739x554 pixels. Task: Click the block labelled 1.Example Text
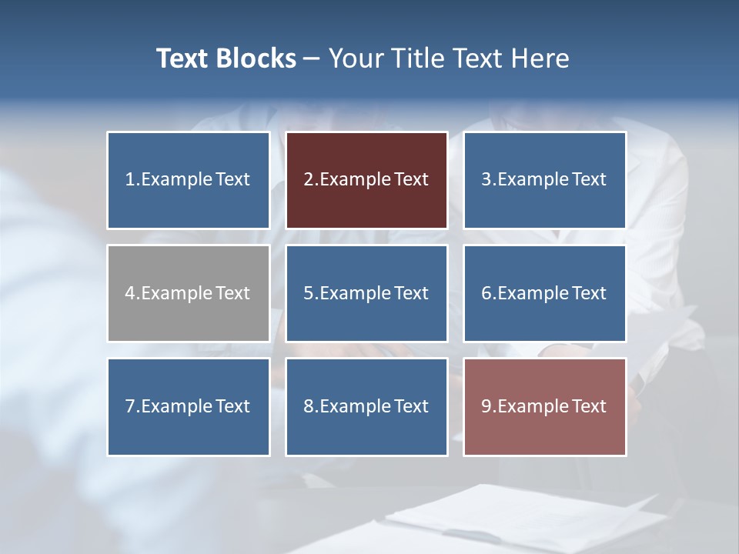coord(189,180)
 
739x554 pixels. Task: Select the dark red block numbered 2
coord(366,180)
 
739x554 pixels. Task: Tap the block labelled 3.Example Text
coord(544,180)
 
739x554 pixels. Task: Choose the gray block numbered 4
coord(189,293)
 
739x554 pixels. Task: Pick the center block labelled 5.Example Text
coord(366,293)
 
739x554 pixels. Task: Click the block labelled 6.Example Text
coord(544,293)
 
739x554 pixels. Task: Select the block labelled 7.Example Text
coord(189,406)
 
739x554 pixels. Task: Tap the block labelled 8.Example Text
coord(366,406)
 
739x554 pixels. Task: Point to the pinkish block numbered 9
coord(544,406)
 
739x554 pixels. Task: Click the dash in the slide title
coord(312,58)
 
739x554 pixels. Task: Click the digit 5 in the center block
coord(308,293)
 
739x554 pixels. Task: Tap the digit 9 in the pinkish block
coord(487,406)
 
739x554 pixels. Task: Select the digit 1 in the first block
coord(129,180)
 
